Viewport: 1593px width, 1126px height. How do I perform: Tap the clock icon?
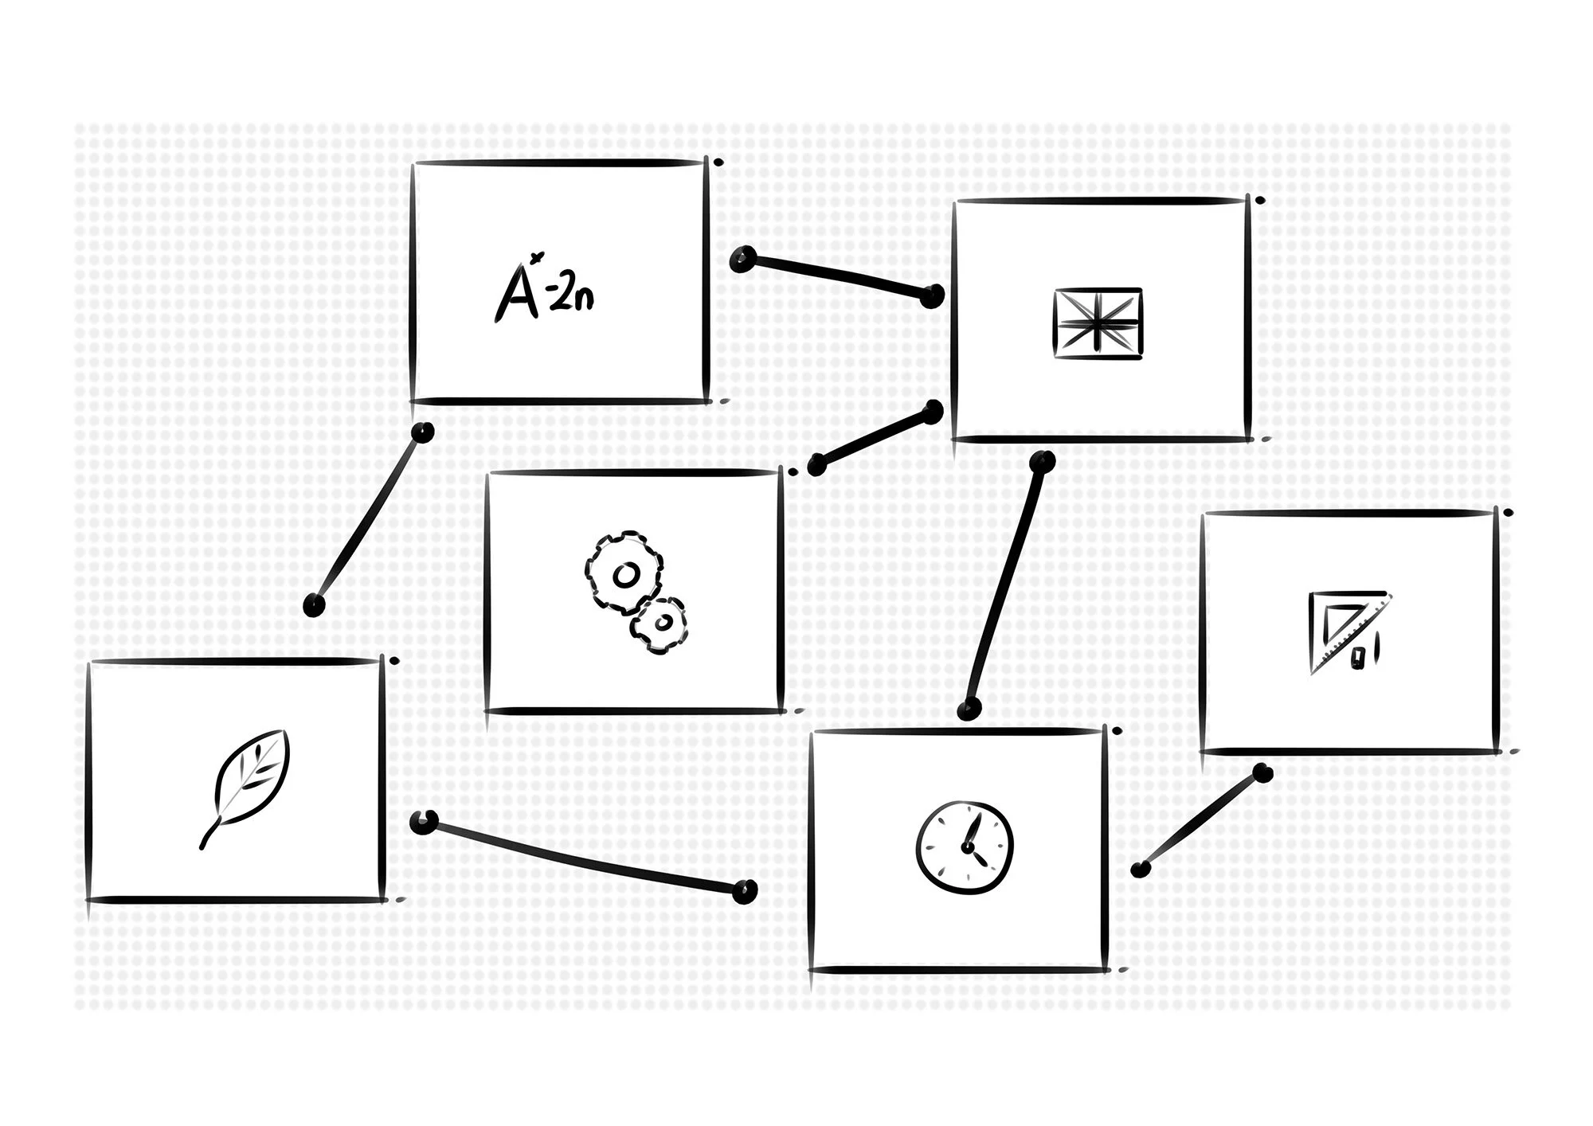[x=965, y=846]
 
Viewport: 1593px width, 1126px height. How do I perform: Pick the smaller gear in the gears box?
[x=660, y=626]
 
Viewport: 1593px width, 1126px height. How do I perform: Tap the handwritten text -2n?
[x=570, y=296]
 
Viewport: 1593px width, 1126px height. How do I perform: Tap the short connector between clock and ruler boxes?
[x=1201, y=821]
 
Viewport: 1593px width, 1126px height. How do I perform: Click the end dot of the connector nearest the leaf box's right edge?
[x=425, y=823]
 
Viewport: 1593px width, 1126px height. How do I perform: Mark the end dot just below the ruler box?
[x=1262, y=772]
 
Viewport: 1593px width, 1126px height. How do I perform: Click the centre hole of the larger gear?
[x=625, y=574]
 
